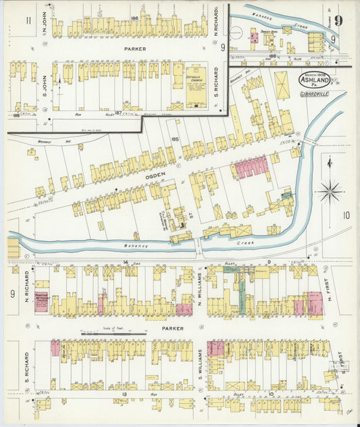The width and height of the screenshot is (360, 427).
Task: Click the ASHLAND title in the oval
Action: click(x=317, y=78)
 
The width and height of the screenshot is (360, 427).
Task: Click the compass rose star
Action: click(x=330, y=191)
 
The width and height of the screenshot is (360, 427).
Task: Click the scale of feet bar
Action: click(x=113, y=334)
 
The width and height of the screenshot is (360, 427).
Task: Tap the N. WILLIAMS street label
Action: click(x=200, y=295)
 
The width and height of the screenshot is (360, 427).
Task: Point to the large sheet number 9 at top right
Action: click(x=337, y=20)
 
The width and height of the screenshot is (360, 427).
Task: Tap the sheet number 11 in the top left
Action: click(x=28, y=20)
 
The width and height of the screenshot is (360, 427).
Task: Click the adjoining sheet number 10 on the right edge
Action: click(x=346, y=216)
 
